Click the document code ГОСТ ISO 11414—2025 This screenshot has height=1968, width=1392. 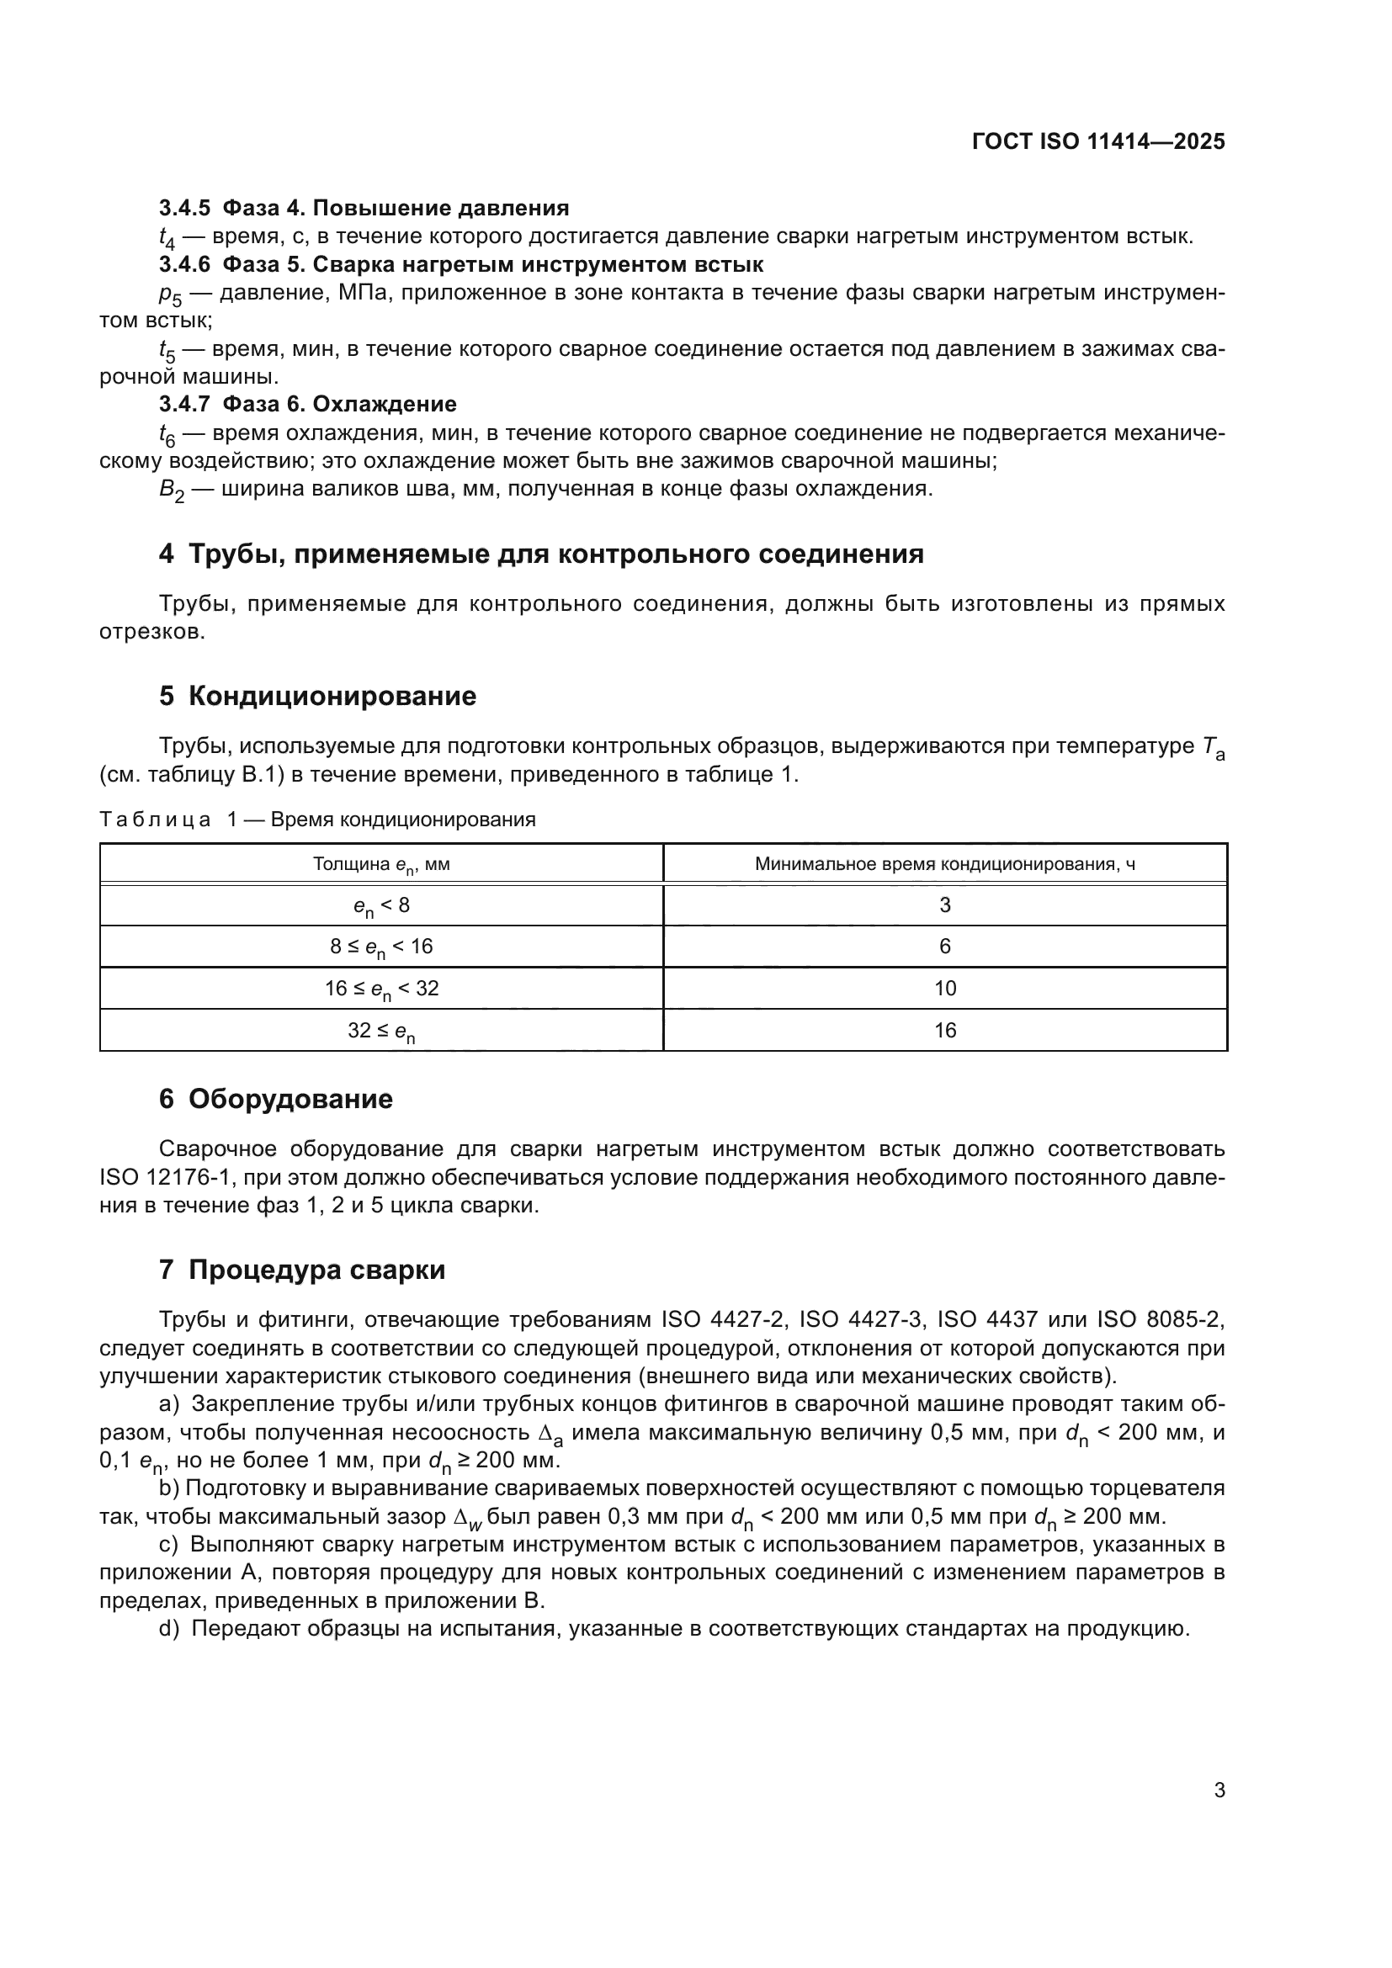tap(1098, 141)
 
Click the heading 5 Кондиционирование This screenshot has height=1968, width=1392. tap(317, 696)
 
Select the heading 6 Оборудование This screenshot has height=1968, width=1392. tap(275, 1099)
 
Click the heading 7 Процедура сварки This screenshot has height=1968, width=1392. tap(302, 1270)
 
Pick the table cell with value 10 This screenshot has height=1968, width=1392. tap(944, 989)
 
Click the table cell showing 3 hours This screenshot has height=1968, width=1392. tap(944, 905)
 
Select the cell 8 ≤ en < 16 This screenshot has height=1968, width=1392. tap(381, 947)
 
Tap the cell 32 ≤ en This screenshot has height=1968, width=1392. tap(381, 1032)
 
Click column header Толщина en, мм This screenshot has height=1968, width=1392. tap(381, 864)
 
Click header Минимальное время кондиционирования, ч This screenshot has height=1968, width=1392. tap(944, 864)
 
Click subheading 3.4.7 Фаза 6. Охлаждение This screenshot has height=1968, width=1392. tap(308, 404)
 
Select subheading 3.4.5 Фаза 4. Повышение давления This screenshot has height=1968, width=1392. tap(364, 209)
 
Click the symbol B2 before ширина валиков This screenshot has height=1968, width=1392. tap(171, 491)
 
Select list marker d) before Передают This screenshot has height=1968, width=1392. tap(168, 1629)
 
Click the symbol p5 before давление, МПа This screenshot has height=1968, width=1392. tap(170, 294)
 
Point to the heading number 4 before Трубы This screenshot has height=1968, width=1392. tap(167, 554)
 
